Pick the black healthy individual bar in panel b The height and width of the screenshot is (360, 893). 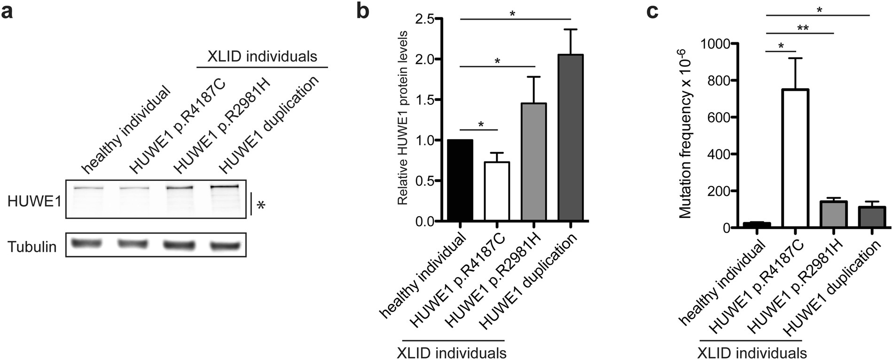(x=460, y=180)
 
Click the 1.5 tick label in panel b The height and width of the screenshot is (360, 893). (x=425, y=100)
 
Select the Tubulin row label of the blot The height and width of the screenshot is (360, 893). (x=32, y=247)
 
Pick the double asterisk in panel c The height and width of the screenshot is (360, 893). (x=802, y=28)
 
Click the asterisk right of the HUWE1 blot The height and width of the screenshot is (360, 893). (x=261, y=205)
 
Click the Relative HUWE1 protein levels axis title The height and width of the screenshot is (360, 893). (x=402, y=118)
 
